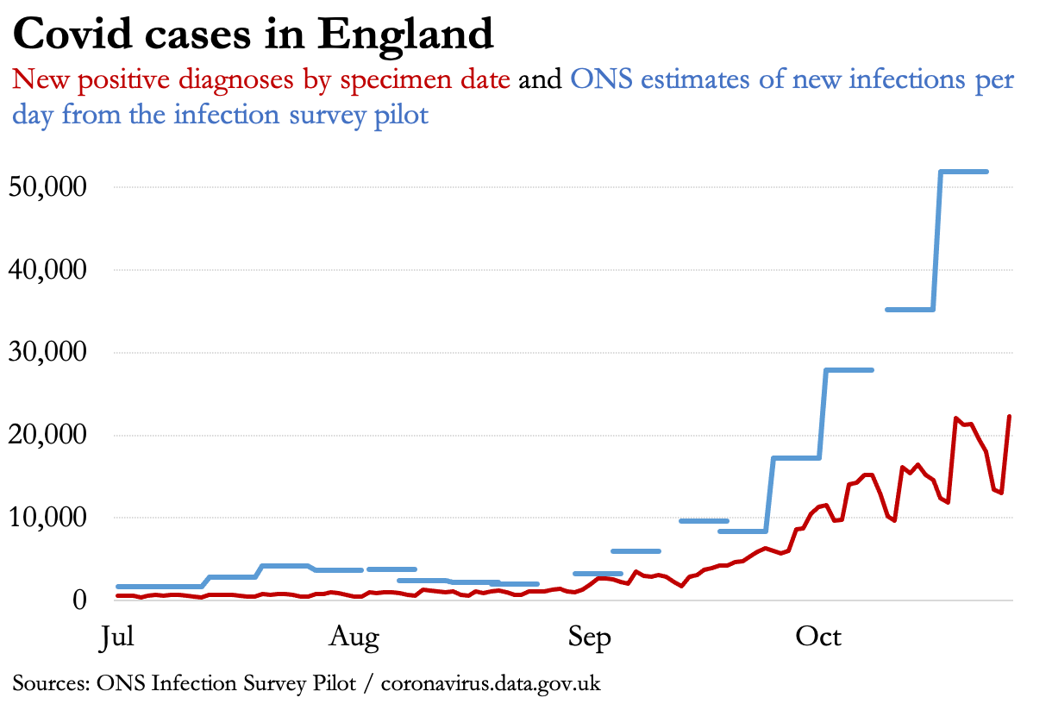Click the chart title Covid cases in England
[253, 35]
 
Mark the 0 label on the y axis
[83, 600]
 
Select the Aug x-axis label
[354, 638]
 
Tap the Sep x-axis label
[590, 638]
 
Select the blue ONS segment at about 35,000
[910, 309]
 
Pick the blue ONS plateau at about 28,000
[849, 370]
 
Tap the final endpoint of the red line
[1010, 417]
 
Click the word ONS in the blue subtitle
[601, 80]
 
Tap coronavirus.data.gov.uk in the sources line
[491, 684]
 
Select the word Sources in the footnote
[48, 684]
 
